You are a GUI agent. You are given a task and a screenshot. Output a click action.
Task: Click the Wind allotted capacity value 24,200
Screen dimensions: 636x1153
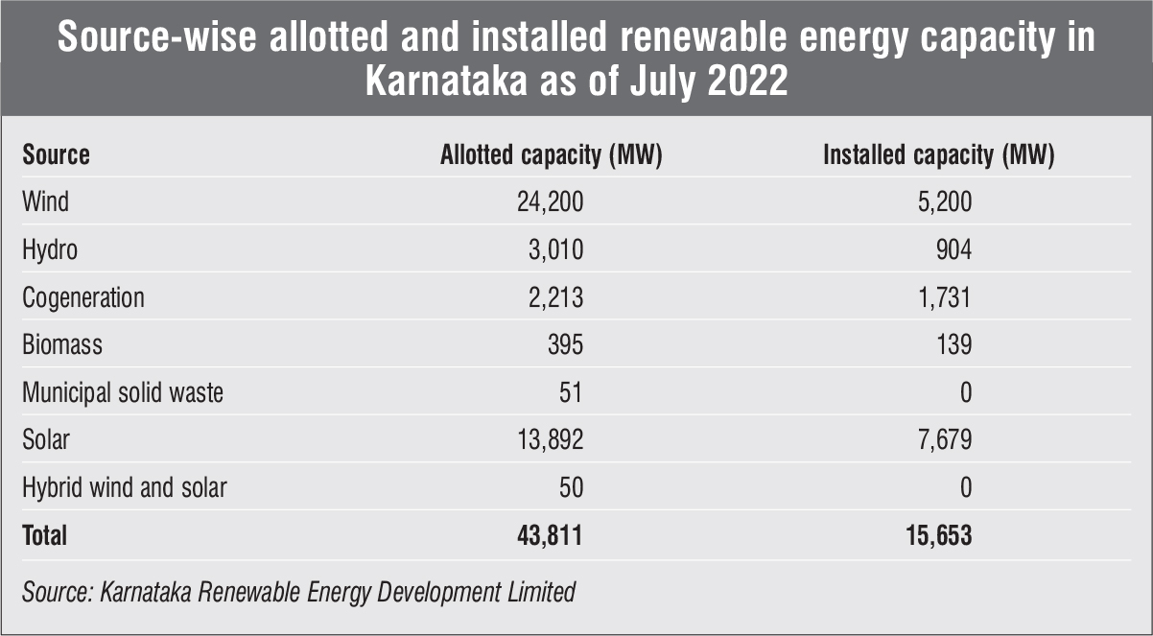[x=551, y=202]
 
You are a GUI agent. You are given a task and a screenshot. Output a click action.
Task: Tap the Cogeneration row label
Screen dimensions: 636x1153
[x=83, y=297]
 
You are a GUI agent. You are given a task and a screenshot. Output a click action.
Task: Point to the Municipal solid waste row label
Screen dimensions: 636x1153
[x=123, y=392]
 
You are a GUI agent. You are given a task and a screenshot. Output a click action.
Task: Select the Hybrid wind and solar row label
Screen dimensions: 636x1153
[x=125, y=487]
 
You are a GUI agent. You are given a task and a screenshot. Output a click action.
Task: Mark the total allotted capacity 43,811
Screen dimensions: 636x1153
[x=551, y=535]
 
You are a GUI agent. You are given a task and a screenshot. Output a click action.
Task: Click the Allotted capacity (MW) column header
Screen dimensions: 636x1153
[x=552, y=155]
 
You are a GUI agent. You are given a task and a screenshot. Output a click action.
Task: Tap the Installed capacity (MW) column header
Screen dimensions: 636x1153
[x=939, y=155]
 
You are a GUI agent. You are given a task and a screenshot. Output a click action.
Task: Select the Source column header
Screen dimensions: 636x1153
[x=57, y=155]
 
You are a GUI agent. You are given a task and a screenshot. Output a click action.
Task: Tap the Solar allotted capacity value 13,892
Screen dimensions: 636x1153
[x=551, y=440]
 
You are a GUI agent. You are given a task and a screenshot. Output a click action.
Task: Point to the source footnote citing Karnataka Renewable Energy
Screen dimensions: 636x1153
[x=298, y=592]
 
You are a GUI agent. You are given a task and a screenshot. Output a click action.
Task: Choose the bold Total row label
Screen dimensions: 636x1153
[x=45, y=535]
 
